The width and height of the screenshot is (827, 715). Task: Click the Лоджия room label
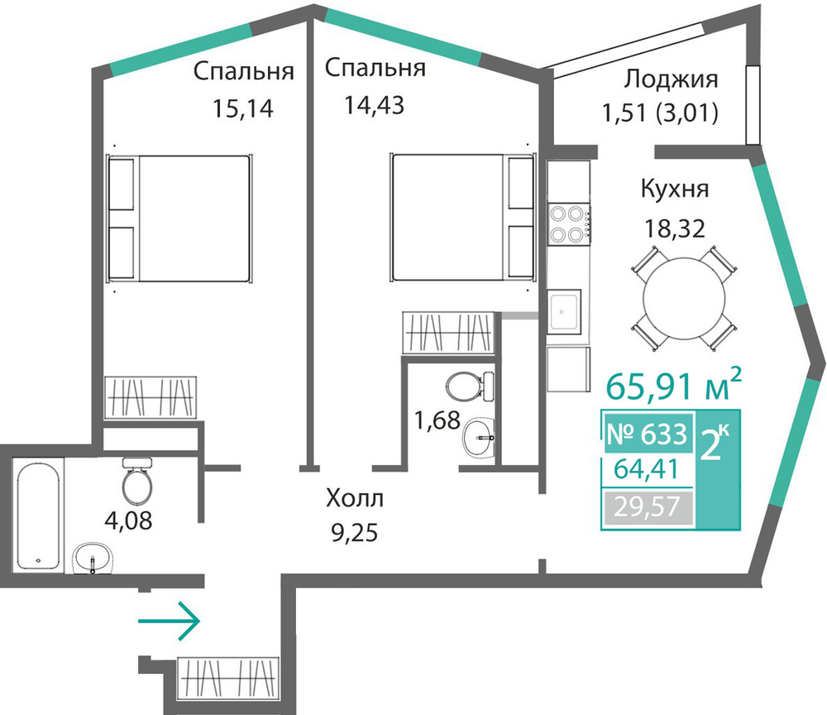tap(671, 79)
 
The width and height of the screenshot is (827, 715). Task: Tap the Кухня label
tap(675, 189)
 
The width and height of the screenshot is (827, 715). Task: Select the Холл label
tap(355, 498)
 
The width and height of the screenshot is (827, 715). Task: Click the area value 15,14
tap(243, 108)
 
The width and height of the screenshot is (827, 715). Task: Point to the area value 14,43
tap(374, 105)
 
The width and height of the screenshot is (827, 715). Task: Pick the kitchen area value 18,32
tap(675, 229)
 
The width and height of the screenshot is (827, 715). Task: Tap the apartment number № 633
tap(648, 434)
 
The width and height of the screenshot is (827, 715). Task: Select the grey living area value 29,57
tap(647, 507)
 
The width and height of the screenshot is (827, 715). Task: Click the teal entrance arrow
tap(169, 621)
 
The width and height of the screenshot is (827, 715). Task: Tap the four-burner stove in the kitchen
tap(569, 224)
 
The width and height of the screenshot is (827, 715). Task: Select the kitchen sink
tap(564, 311)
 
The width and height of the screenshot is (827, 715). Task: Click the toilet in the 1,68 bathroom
tap(470, 386)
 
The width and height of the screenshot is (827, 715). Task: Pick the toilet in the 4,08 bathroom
tap(137, 482)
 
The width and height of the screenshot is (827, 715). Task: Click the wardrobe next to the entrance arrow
tap(228, 678)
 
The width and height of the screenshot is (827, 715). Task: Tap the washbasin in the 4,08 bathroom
tap(93, 559)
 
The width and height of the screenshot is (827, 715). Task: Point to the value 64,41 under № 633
tap(646, 469)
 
